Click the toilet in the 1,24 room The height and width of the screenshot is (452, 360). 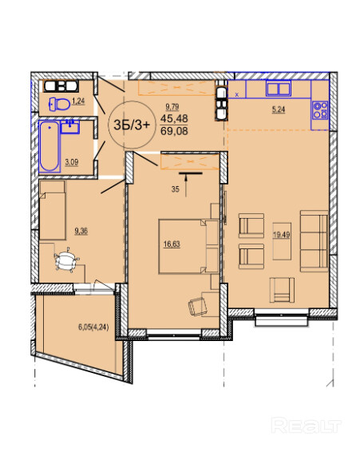click(x=60, y=104)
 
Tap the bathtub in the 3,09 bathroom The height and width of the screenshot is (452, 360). click(x=49, y=147)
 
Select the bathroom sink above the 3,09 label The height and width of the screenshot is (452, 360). click(x=70, y=127)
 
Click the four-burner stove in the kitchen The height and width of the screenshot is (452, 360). click(x=320, y=110)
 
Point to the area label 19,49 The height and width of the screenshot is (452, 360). click(x=282, y=235)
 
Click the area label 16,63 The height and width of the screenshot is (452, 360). click(x=172, y=244)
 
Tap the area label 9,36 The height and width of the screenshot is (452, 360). click(x=81, y=231)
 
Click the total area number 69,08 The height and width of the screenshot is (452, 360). click(x=174, y=131)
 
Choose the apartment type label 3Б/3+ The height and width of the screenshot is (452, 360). click(x=132, y=125)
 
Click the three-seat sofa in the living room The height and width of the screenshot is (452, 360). click(x=314, y=241)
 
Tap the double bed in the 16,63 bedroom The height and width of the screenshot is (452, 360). click(x=189, y=247)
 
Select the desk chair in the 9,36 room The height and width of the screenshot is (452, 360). click(x=66, y=260)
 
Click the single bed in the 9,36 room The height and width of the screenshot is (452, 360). click(x=52, y=210)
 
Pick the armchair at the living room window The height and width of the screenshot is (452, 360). click(x=282, y=290)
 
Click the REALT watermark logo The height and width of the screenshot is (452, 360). click(x=307, y=425)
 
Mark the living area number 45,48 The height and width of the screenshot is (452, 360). click(x=174, y=118)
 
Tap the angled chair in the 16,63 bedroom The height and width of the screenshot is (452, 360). click(x=198, y=307)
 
